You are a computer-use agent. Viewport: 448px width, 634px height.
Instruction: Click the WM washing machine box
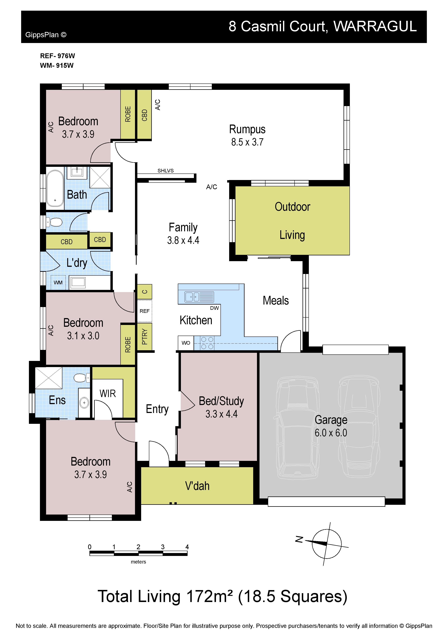click(x=58, y=282)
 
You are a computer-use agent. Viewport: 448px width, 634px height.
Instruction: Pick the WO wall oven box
click(x=186, y=343)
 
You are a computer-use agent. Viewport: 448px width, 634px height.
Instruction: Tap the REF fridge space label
click(x=144, y=311)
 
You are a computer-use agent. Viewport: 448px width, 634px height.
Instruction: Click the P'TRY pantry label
click(x=145, y=337)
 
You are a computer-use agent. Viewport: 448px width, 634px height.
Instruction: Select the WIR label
click(x=108, y=393)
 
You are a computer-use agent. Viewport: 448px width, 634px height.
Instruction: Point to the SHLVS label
click(x=166, y=171)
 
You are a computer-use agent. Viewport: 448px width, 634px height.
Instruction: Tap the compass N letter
click(x=299, y=539)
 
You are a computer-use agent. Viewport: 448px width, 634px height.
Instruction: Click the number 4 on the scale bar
click(x=187, y=547)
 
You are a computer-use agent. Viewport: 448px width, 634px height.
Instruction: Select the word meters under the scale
click(x=138, y=562)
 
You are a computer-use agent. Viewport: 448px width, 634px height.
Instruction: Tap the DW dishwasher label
click(x=215, y=308)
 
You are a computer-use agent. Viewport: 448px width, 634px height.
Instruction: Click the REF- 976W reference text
click(x=57, y=56)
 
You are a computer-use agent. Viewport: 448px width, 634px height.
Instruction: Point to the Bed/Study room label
click(x=221, y=401)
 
